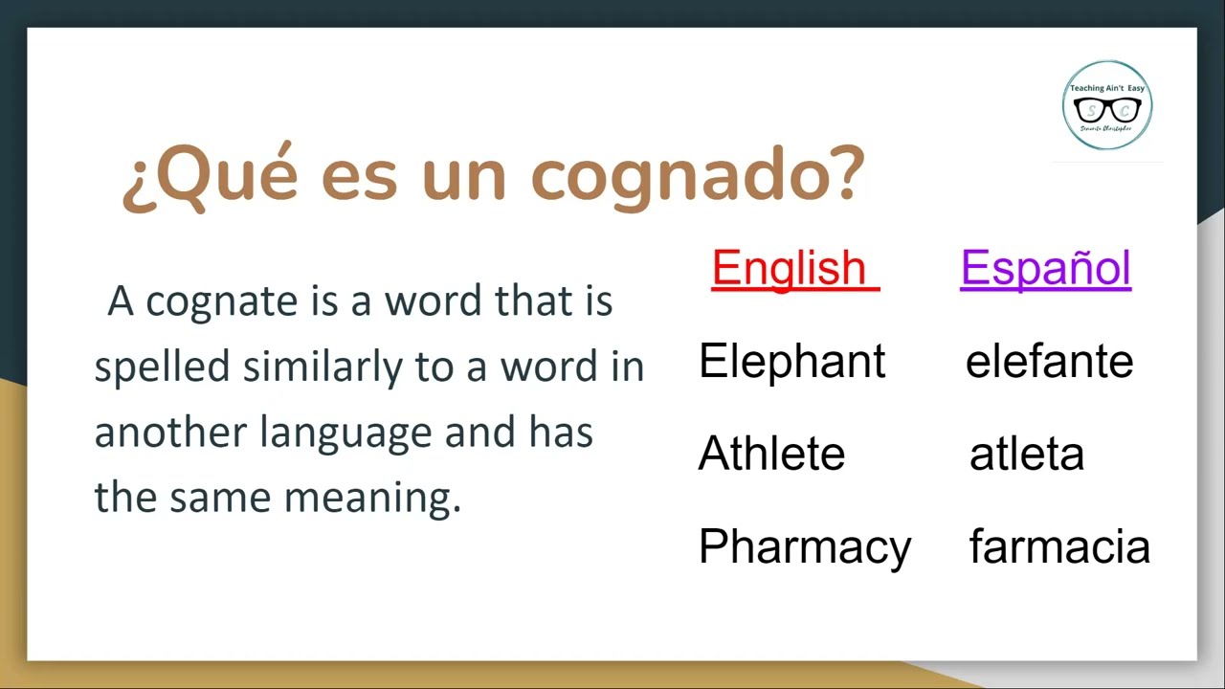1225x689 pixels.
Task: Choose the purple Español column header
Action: (1045, 268)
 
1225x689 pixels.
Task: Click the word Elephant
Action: (791, 362)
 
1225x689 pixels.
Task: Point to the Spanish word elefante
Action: (1049, 362)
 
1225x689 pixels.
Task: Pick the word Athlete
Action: (771, 454)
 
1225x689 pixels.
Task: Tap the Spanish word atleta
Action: (1026, 455)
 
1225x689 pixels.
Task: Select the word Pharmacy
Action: (804, 547)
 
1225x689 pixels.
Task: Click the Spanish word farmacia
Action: (1059, 547)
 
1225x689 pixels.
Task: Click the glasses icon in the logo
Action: (1107, 110)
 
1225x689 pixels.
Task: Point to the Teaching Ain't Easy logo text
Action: (1107, 88)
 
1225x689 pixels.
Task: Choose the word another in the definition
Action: (170, 433)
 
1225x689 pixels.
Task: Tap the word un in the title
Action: (463, 177)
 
